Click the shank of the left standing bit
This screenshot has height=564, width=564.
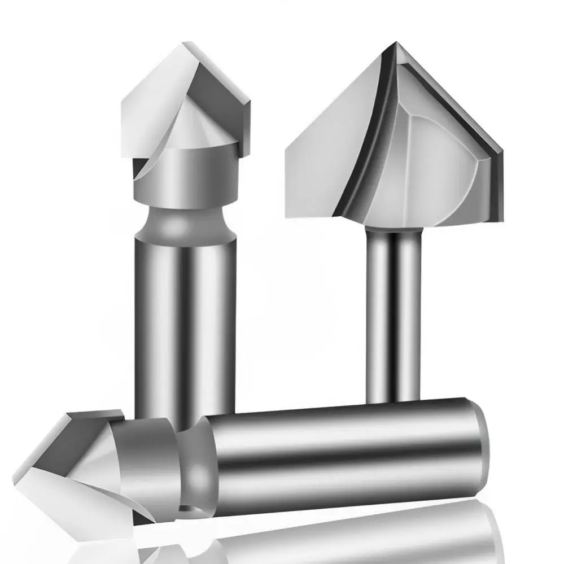pyautogui.click(x=183, y=316)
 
